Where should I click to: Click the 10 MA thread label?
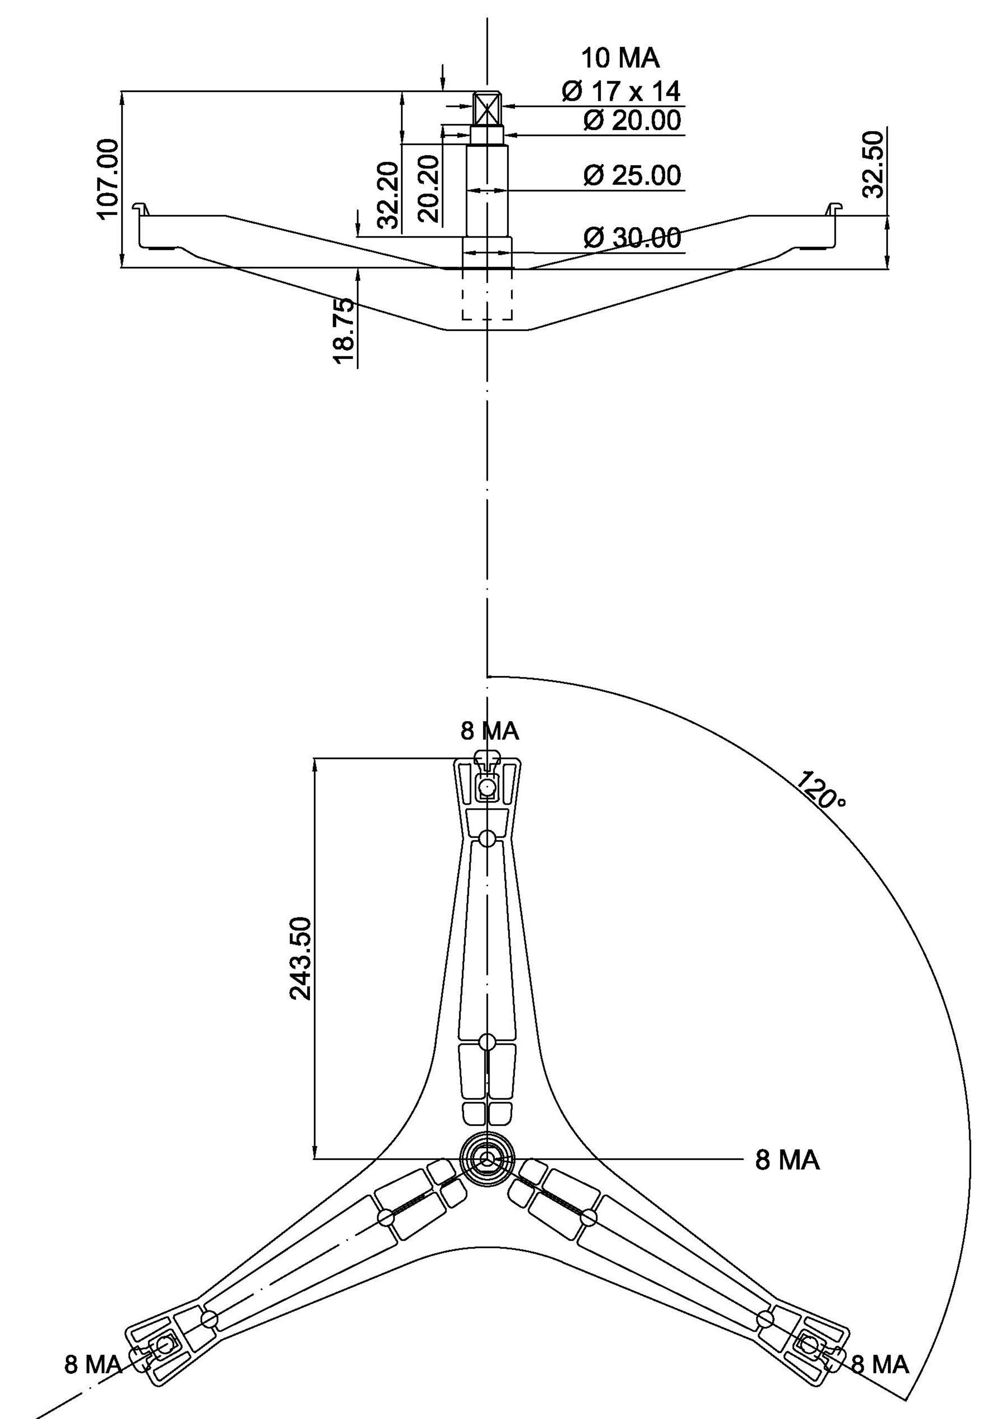pyautogui.click(x=620, y=58)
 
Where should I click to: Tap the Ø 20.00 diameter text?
pyautogui.click(x=632, y=120)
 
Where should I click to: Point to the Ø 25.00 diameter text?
pyautogui.click(x=632, y=175)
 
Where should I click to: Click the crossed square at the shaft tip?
pyautogui.click(x=488, y=110)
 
